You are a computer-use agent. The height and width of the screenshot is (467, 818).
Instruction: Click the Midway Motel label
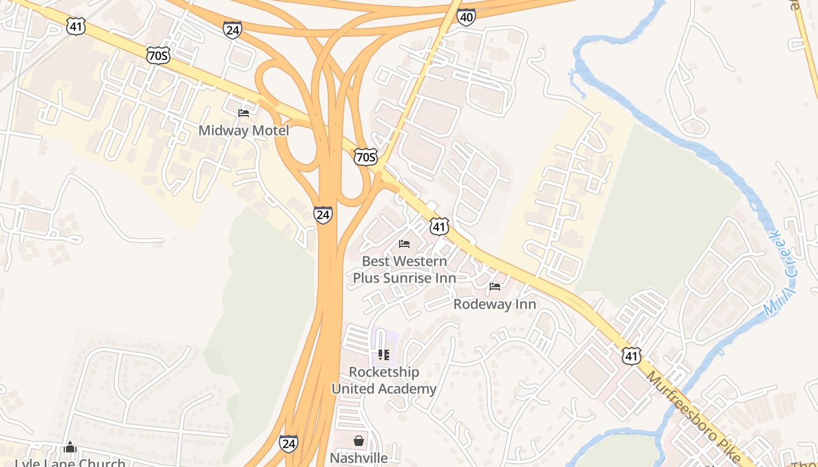(244, 130)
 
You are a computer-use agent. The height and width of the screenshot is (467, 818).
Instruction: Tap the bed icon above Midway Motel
(244, 113)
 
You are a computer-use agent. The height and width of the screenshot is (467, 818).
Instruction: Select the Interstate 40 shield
(466, 17)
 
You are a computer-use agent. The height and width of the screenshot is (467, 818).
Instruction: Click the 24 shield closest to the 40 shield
(232, 30)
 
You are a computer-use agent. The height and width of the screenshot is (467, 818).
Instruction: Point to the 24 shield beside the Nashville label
(288, 443)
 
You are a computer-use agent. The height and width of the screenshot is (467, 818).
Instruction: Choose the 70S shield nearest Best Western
(366, 156)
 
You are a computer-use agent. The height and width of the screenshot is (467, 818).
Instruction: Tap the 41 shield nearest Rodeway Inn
(439, 226)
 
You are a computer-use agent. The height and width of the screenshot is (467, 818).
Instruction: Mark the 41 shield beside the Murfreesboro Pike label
(631, 356)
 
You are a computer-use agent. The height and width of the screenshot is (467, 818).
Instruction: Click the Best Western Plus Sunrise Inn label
(404, 270)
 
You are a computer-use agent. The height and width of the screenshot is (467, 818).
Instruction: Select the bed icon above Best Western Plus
(404, 243)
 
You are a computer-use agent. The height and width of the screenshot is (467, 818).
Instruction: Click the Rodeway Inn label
(495, 304)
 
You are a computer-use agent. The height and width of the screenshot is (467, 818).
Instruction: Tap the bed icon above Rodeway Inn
(495, 287)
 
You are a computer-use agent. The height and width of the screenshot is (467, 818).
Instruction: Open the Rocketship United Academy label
(384, 381)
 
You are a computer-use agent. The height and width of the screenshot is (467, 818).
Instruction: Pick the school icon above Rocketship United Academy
(384, 354)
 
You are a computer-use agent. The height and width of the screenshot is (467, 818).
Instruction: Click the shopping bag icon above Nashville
(358, 441)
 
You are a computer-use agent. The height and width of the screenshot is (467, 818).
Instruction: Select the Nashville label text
(358, 458)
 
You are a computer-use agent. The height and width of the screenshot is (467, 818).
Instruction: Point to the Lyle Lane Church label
(70, 462)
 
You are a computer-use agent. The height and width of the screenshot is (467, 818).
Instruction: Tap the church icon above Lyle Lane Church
(70, 447)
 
